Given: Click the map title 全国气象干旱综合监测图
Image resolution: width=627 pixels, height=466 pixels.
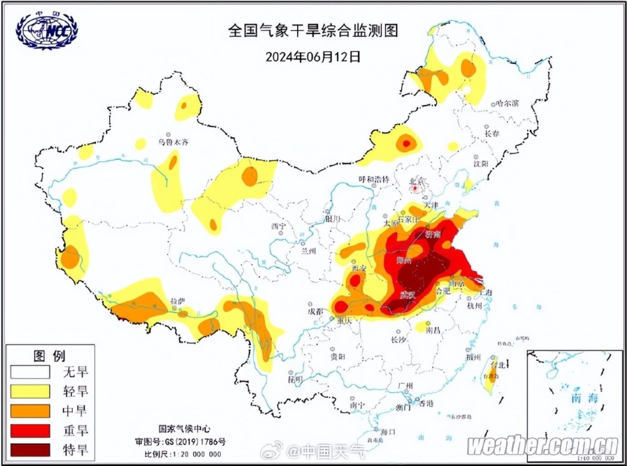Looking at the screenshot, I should [313, 30].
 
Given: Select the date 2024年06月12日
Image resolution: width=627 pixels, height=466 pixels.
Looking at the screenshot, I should [313, 56].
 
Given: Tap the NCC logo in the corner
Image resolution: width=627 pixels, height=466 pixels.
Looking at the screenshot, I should [47, 29].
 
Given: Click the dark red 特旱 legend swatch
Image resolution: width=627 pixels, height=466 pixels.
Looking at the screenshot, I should [30, 449].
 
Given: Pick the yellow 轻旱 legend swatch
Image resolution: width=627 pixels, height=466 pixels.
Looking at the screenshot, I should [30, 391].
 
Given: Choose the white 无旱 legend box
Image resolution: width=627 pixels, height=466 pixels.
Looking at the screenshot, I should [30, 372].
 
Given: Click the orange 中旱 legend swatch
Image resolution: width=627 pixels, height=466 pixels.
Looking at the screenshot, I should [30, 411].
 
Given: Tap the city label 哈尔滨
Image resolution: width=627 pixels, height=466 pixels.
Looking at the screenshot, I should [507, 103].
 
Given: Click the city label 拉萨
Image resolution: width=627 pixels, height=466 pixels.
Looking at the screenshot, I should [177, 301].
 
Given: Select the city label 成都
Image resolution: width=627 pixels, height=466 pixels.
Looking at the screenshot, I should [315, 311].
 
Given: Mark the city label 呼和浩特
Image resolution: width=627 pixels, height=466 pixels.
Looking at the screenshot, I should [374, 179].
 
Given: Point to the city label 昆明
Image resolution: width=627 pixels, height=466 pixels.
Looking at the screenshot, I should [295, 379].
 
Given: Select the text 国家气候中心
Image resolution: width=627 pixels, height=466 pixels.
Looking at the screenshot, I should [185, 429].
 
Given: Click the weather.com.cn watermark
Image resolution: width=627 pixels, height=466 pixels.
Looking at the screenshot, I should [543, 446].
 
